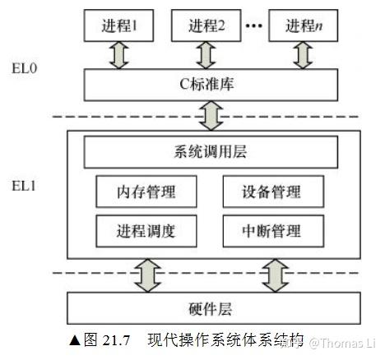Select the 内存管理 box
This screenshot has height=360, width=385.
tap(147, 193)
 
